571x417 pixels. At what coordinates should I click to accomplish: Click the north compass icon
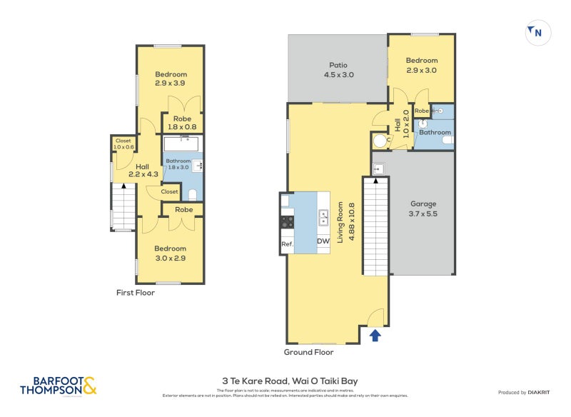point(535,32)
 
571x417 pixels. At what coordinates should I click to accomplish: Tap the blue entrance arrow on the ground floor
point(375,334)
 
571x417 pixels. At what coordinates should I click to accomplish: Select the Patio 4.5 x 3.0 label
point(339,69)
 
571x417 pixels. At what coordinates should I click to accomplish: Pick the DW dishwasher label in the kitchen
point(323,241)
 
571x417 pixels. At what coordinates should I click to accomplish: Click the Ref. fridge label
point(287,244)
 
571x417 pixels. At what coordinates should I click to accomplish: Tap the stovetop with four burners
point(287,222)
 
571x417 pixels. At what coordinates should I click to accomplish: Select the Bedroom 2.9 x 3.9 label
point(171,79)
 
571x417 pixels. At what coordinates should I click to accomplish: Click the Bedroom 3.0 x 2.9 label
point(171,253)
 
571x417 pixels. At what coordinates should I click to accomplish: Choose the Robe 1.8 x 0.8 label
point(183,123)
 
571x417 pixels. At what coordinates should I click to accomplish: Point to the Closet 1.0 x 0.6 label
point(123,144)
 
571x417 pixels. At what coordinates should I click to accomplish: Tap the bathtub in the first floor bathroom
point(183,144)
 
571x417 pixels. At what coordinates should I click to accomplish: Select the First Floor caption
point(136,293)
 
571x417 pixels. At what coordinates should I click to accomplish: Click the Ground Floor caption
point(309,352)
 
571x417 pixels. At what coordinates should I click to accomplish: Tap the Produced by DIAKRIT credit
point(527,393)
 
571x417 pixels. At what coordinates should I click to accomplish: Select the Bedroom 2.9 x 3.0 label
point(421,66)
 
